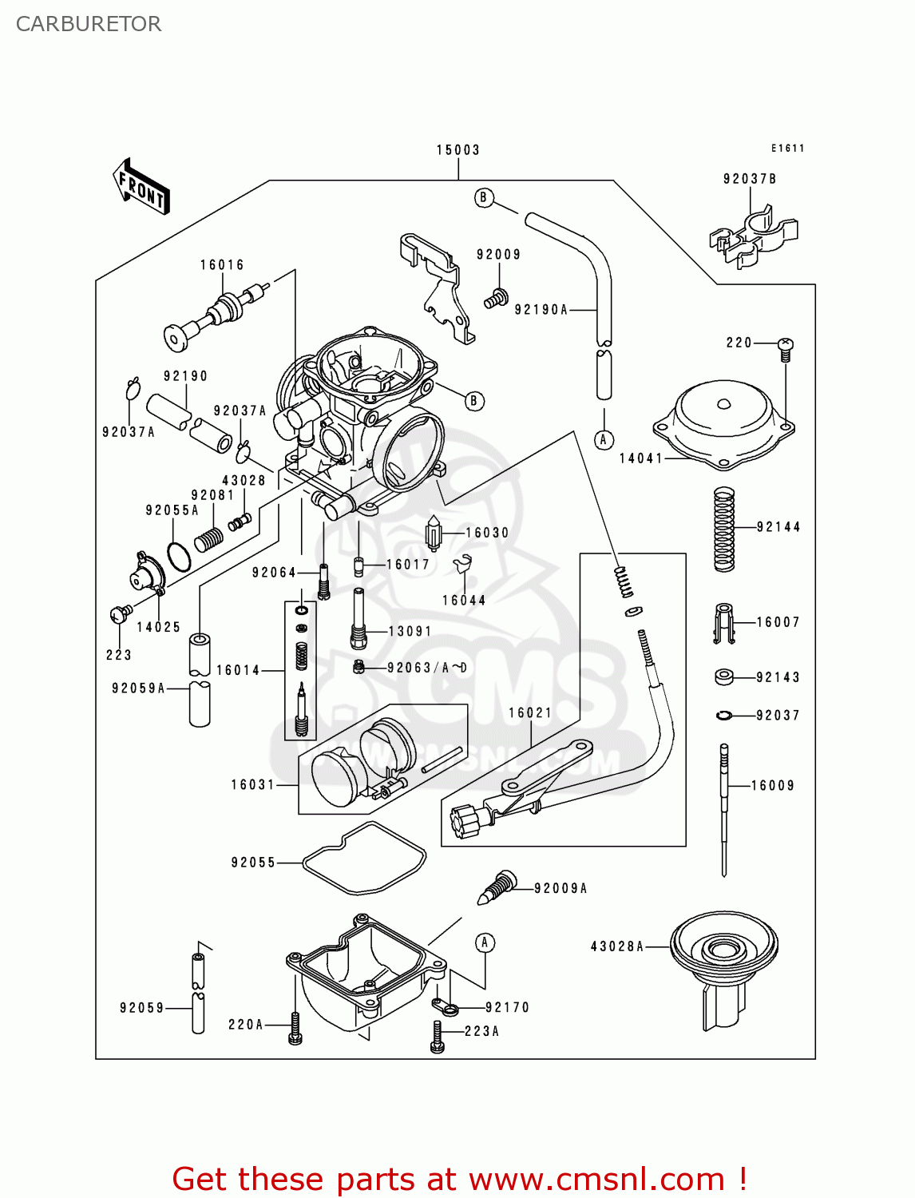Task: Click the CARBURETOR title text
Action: click(x=89, y=24)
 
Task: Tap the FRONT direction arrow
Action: click(x=141, y=187)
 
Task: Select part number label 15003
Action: click(x=458, y=150)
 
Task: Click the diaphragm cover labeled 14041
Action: click(x=723, y=423)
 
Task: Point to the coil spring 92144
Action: click(x=723, y=530)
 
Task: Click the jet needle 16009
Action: click(x=724, y=807)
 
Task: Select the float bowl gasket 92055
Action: click(x=365, y=858)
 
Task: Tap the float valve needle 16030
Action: click(x=434, y=534)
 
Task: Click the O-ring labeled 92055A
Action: click(x=179, y=556)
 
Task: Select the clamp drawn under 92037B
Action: click(x=752, y=236)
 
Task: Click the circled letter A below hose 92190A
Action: click(x=604, y=439)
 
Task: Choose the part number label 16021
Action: click(x=530, y=713)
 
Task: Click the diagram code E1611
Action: click(x=787, y=149)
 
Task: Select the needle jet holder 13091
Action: click(x=358, y=619)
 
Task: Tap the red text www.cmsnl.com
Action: click(x=596, y=1180)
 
